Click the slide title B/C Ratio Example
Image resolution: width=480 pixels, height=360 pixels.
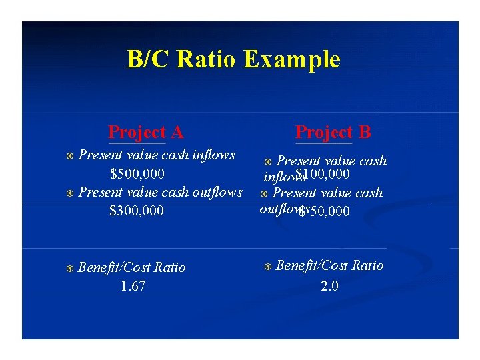233,60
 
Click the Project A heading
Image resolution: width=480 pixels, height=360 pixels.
145,132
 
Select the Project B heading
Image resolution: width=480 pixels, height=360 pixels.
333,132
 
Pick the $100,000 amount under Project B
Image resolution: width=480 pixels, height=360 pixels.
323,175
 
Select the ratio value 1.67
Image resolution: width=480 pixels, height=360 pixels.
133,287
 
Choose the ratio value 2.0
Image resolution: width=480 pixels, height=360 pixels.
329,286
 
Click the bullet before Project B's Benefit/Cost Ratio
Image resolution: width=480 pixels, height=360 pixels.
268,266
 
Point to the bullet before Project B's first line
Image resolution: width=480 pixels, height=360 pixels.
269,161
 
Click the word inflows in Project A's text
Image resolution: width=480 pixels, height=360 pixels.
213,155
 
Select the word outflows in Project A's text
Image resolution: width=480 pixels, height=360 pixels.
217,193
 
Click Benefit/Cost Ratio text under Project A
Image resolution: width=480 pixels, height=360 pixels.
131,268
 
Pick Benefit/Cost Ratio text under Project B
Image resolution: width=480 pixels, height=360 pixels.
329,266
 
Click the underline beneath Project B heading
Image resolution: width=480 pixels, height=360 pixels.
323,143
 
